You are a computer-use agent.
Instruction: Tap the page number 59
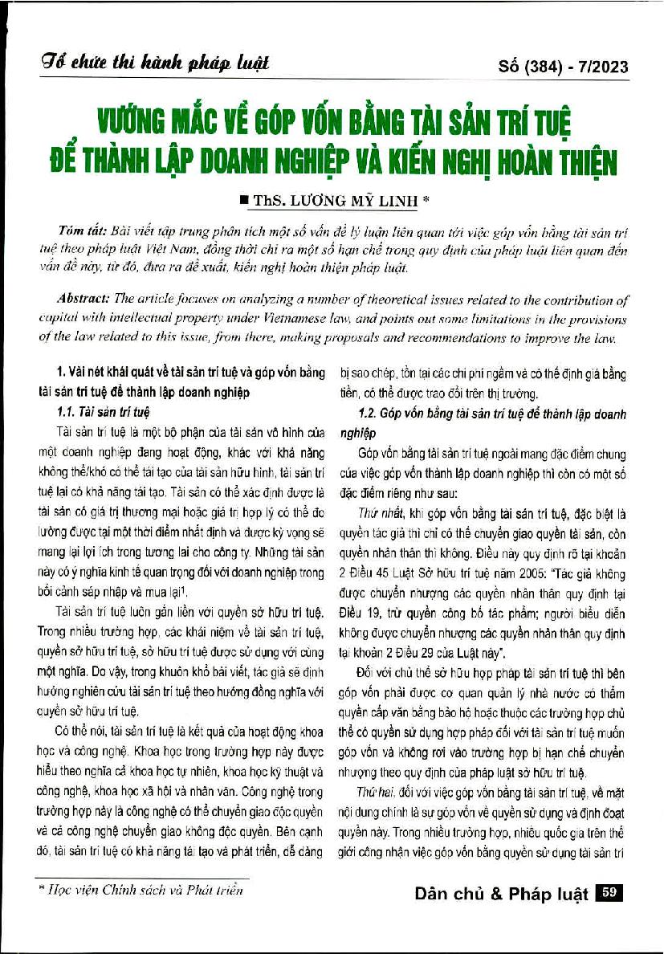click(x=609, y=892)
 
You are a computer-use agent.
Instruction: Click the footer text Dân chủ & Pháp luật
click(x=502, y=894)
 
